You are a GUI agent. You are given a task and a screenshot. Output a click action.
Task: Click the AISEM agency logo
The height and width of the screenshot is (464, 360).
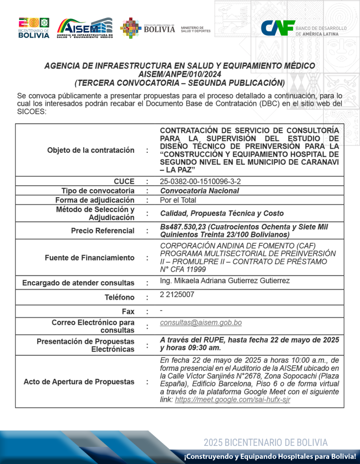pyautogui.click(x=85, y=28)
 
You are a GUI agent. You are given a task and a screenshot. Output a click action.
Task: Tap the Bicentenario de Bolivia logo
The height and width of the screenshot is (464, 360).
pyautogui.click(x=34, y=28)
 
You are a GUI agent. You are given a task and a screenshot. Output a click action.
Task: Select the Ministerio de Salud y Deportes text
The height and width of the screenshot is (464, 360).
pyautogui.click(x=195, y=29)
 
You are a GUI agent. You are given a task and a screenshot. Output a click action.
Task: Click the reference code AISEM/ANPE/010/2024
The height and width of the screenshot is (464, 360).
pyautogui.click(x=179, y=74)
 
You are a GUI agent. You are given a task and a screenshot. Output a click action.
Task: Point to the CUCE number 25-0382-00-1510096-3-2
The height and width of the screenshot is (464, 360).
pyautogui.click(x=200, y=181)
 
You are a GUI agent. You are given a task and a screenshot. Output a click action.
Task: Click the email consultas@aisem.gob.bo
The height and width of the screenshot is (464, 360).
pyautogui.click(x=201, y=323)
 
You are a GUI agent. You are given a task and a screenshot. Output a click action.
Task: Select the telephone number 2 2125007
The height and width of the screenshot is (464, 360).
pyautogui.click(x=177, y=295)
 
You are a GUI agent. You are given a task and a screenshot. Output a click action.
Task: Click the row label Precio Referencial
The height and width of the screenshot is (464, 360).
pyautogui.click(x=103, y=231)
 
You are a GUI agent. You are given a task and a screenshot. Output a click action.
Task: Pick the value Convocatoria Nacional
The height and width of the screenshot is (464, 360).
pyautogui.click(x=200, y=191)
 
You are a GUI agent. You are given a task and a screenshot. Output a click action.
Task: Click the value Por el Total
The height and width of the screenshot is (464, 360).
pyautogui.click(x=178, y=200)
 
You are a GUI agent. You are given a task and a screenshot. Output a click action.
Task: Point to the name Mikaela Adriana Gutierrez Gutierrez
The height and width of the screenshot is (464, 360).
pyautogui.click(x=225, y=281)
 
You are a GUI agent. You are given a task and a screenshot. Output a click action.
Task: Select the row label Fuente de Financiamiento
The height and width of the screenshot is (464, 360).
pyautogui.click(x=90, y=258)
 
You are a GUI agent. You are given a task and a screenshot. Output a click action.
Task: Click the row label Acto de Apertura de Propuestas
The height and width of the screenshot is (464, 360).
pyautogui.click(x=79, y=382)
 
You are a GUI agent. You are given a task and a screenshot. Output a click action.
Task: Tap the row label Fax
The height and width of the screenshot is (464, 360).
pyautogui.click(x=128, y=312)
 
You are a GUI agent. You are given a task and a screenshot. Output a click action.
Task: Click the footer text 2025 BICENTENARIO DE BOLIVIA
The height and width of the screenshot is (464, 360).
pyautogui.click(x=265, y=443)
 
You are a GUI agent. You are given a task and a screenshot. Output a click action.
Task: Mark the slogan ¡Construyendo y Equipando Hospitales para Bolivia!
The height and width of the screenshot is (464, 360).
pyautogui.click(x=270, y=456)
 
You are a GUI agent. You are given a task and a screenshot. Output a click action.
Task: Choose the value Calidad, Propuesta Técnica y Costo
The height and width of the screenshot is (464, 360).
pyautogui.click(x=222, y=213)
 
